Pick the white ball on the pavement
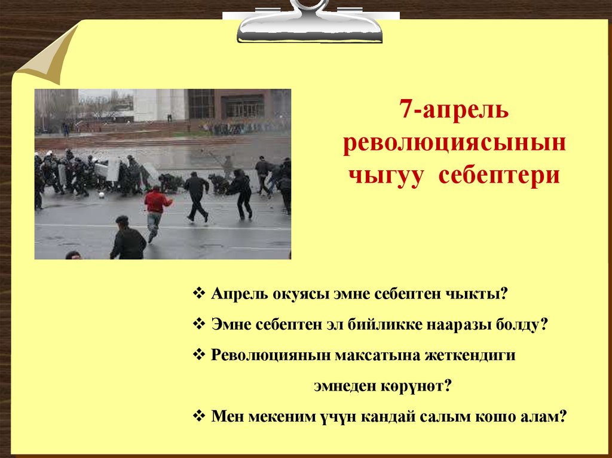102,195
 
